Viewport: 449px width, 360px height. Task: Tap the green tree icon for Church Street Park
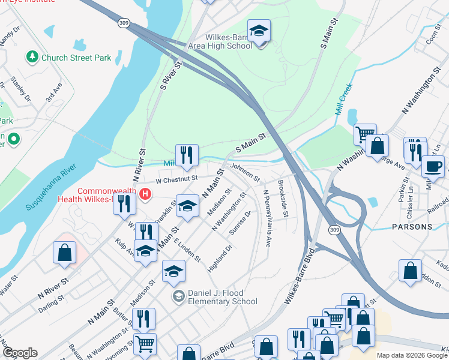tap(31, 58)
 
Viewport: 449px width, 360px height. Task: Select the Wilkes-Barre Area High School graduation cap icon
tap(259, 31)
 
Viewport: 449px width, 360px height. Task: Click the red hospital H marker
tap(145, 194)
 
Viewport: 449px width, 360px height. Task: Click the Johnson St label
tap(245, 173)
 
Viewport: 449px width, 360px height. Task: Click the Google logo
tap(20, 353)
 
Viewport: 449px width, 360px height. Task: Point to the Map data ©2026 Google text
tap(411, 355)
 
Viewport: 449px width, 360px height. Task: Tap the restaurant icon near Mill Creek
tap(187, 155)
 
